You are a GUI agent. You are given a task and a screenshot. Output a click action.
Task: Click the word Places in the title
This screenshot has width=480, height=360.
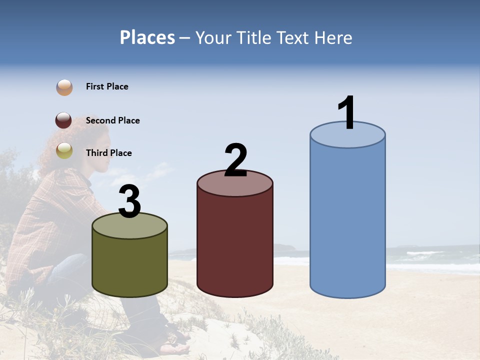(x=147, y=37)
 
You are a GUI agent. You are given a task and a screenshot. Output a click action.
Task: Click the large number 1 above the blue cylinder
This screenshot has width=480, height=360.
(x=347, y=113)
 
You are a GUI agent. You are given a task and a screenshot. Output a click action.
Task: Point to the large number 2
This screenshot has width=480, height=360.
(x=235, y=160)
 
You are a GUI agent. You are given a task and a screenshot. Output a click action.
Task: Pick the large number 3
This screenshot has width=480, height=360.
(x=129, y=202)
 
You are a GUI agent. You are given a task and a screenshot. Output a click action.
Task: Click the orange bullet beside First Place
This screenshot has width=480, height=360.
(x=64, y=87)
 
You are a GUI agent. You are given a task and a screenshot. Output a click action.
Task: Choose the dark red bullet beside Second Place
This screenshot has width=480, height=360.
(x=64, y=120)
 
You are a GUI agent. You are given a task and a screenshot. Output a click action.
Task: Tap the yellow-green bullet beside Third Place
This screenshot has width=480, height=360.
(x=64, y=150)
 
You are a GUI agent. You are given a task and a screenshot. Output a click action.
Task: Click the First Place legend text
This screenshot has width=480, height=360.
(x=107, y=86)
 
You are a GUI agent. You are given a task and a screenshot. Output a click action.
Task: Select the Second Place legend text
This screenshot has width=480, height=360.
(x=112, y=120)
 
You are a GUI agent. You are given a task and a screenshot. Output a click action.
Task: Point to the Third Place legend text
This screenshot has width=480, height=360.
(x=108, y=153)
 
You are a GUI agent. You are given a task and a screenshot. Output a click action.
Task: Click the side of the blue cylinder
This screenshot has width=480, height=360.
(x=347, y=220)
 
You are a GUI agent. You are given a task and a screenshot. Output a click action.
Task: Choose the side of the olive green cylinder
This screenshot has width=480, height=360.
(x=129, y=265)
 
